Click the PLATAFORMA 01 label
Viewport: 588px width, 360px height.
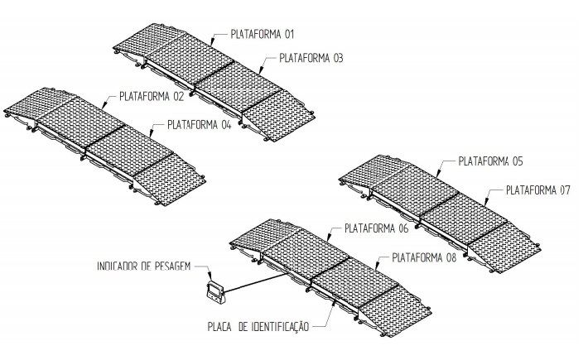click(x=263, y=35)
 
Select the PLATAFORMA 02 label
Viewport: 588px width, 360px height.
click(x=152, y=96)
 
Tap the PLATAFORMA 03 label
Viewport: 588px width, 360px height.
click(x=311, y=58)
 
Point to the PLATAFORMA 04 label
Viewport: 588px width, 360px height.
click(x=199, y=124)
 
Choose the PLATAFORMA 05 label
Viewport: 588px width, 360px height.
click(x=490, y=161)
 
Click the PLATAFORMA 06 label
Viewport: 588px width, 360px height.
click(x=377, y=228)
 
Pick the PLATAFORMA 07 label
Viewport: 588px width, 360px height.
click(x=538, y=190)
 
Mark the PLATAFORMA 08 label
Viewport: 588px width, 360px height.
click(x=424, y=257)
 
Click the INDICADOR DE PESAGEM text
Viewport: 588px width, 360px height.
click(x=144, y=266)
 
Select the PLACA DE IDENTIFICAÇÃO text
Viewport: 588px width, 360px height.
click(x=258, y=327)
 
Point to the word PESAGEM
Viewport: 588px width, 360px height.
click(x=173, y=266)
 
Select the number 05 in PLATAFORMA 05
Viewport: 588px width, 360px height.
click(x=517, y=161)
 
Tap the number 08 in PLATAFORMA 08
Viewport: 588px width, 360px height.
click(x=451, y=257)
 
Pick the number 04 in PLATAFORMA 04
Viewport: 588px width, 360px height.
click(x=226, y=124)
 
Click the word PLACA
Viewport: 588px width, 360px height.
click(x=219, y=327)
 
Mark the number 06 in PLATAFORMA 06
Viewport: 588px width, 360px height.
click(x=402, y=228)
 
